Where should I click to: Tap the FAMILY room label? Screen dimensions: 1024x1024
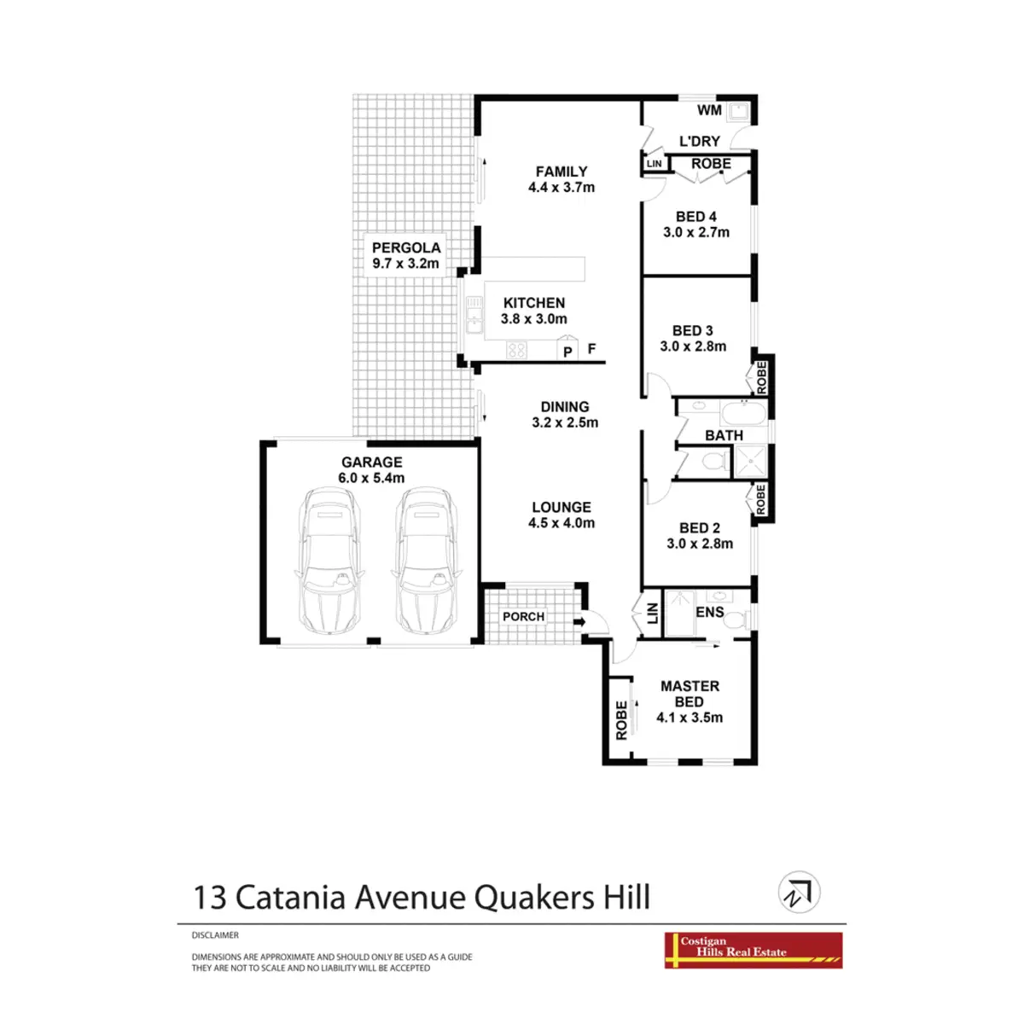point(561,172)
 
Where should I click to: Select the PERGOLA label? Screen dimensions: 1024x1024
point(406,247)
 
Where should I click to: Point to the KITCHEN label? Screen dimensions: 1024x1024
point(534,303)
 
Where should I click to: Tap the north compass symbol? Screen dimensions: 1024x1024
point(800,893)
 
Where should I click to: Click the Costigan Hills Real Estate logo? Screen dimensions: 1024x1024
point(753,950)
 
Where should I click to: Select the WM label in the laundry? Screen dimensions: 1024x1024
point(709,110)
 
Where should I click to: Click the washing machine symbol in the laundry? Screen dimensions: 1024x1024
point(740,110)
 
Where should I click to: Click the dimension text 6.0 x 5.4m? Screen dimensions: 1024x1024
point(371,478)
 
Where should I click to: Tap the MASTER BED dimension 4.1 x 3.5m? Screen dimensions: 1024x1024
point(689,718)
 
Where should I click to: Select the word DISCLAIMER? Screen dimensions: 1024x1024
point(215,935)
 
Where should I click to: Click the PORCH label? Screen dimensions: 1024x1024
point(523,616)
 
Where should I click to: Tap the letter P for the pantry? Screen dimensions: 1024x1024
point(568,351)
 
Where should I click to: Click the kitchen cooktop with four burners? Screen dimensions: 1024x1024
point(517,349)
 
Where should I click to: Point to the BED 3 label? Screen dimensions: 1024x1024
point(693,330)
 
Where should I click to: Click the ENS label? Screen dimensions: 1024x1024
point(710,612)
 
